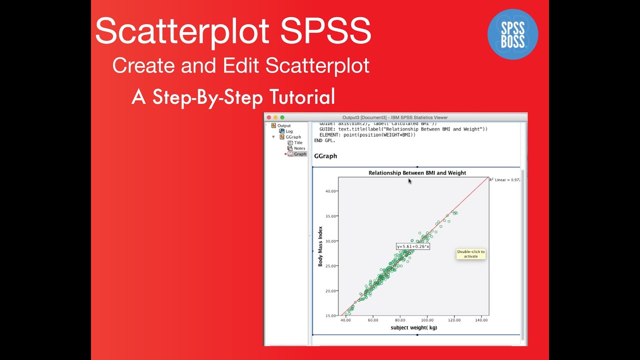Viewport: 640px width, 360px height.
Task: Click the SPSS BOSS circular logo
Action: (512, 34)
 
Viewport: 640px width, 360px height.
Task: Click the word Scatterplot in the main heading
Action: (182, 31)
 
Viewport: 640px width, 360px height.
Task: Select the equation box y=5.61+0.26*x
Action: (413, 246)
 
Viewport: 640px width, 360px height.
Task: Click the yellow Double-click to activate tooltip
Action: (470, 254)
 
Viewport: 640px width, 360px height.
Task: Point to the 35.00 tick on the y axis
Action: (330, 216)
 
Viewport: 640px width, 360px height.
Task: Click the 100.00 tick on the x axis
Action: (427, 320)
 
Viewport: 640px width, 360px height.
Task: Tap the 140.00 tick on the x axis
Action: (481, 320)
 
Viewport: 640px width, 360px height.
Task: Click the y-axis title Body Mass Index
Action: (320, 246)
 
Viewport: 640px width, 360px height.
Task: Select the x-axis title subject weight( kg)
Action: (413, 327)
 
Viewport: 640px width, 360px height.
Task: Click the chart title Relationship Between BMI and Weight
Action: (417, 173)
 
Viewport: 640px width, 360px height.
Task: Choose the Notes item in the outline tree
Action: (299, 148)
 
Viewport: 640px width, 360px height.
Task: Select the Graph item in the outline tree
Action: (300, 154)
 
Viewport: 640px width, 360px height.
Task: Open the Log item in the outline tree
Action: (289, 131)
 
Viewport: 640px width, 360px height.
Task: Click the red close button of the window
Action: (269, 117)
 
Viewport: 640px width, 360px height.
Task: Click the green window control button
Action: (282, 117)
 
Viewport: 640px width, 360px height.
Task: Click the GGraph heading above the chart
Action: (325, 156)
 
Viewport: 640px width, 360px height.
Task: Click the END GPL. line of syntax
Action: (325, 140)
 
